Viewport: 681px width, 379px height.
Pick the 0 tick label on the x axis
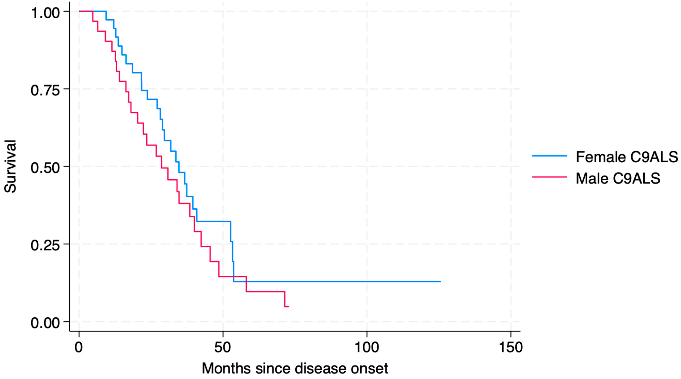click(78, 347)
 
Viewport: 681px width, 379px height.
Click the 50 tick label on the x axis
click(223, 347)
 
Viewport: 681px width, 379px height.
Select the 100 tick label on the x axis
click(367, 347)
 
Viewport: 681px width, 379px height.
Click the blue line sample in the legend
click(549, 156)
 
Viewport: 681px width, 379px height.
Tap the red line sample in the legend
click(549, 176)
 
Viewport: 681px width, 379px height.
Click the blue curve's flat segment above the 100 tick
click(367, 282)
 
